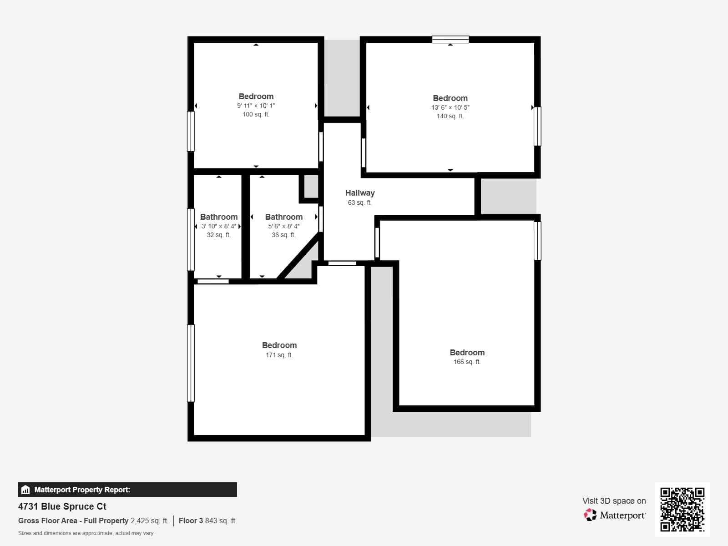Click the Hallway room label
click(359, 193)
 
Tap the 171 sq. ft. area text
click(279, 355)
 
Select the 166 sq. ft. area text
click(467, 362)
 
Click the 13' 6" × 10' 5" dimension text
click(450, 107)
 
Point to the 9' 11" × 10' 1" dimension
click(256, 106)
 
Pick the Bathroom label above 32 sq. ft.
click(219, 217)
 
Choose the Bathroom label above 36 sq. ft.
click(283, 217)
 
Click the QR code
click(682, 509)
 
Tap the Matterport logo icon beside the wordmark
click(590, 515)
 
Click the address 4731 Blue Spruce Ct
click(62, 506)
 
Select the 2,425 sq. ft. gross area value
click(149, 521)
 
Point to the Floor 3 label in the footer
click(191, 521)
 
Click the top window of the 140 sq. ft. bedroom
click(450, 40)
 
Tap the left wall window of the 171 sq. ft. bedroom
click(191, 363)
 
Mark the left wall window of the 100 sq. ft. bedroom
click(191, 131)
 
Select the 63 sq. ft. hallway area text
click(359, 203)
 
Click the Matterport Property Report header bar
click(127, 490)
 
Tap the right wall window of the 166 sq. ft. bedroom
click(537, 241)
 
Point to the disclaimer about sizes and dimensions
click(86, 533)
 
